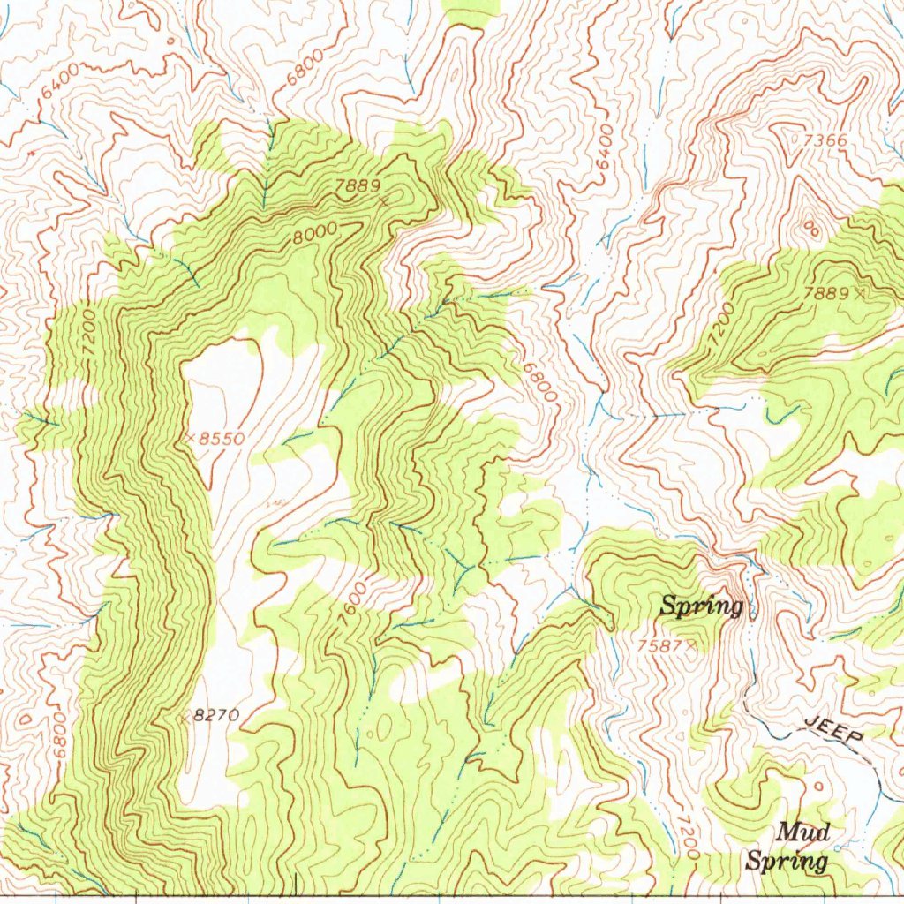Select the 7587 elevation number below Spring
pos(659,646)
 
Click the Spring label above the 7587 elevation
pos(702,606)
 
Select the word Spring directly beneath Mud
pos(787,862)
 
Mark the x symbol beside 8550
pos(191,438)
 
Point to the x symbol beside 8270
pos(185,718)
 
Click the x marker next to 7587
pos(691,646)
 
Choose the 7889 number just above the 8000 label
pos(358,185)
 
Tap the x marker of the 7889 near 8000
pos(384,203)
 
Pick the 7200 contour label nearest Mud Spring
pos(688,838)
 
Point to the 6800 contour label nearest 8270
pos(59,735)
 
